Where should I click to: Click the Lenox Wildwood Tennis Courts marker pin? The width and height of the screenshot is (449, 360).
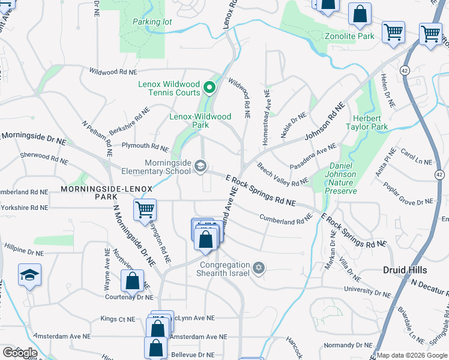point(209,88)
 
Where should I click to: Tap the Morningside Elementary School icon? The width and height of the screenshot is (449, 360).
point(200,167)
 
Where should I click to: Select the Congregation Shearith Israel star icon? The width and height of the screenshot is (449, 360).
point(259,268)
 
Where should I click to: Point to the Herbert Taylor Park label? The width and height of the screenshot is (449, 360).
point(367,122)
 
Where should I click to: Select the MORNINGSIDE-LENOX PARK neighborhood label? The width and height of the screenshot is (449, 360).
point(98,192)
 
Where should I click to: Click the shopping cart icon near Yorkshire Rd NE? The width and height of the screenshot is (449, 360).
point(145,210)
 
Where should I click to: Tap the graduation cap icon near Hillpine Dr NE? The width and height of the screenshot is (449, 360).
point(29,275)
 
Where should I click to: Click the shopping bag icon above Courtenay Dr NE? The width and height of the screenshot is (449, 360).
point(132,281)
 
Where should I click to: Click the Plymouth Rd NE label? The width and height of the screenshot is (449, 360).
point(145,146)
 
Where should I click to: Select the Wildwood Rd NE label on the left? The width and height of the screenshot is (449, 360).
point(113,71)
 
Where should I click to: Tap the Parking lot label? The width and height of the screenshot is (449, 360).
point(152,22)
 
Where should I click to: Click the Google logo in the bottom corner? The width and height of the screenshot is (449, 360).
point(19,353)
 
